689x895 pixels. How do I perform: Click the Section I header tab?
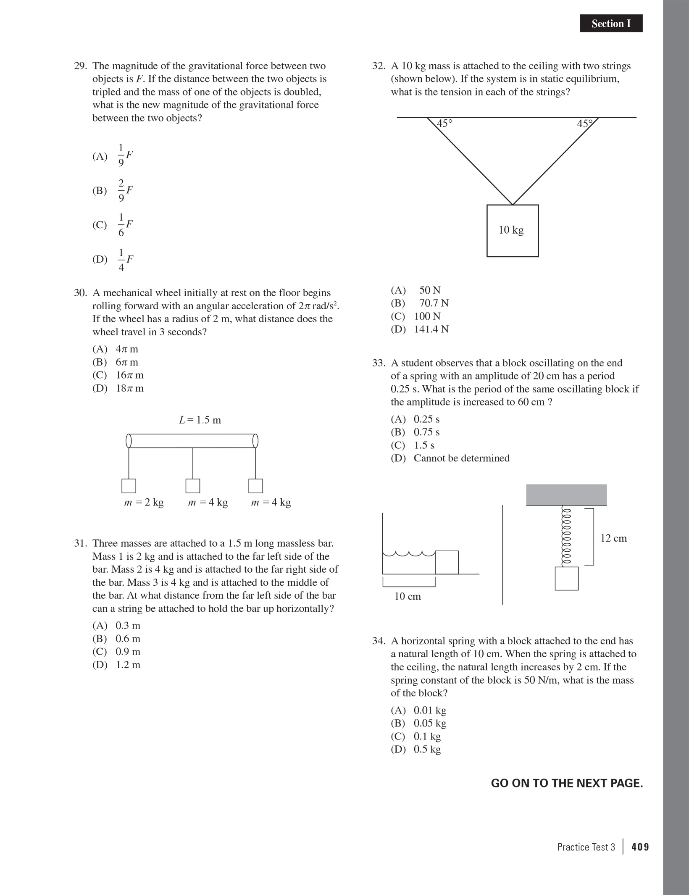[611, 24]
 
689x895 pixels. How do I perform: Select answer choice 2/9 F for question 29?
[113, 190]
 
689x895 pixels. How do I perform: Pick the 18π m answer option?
[118, 388]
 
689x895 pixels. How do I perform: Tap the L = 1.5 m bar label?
[200, 420]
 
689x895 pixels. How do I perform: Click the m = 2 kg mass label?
[144, 503]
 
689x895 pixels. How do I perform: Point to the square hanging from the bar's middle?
[193, 486]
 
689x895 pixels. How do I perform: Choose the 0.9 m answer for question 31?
[116, 652]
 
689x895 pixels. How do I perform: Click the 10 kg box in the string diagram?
[513, 231]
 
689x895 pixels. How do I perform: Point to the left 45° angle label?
[444, 124]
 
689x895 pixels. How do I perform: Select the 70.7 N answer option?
[420, 303]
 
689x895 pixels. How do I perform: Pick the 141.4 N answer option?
[420, 329]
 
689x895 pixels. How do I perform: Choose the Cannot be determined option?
[450, 458]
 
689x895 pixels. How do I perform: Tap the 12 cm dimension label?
[613, 538]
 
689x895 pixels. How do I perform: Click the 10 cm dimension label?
[408, 596]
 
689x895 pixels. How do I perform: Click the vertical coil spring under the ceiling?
[566, 536]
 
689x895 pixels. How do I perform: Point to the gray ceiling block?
[566, 495]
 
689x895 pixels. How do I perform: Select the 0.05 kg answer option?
[418, 723]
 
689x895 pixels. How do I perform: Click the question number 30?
[80, 293]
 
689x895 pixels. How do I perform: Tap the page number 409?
[640, 847]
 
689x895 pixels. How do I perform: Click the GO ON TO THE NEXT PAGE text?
[567, 783]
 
